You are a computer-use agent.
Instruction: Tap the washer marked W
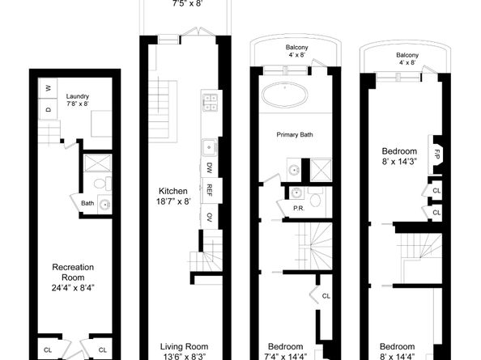coord(49,87)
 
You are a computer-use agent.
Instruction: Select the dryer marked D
coord(49,108)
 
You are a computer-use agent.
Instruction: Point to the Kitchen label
coord(173,192)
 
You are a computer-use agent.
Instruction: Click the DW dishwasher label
coord(209,168)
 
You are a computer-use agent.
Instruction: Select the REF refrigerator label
coord(209,191)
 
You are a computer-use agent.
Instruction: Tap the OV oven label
coord(209,217)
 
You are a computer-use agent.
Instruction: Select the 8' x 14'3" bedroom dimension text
coord(400,162)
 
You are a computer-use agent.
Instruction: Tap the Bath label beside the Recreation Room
coord(87,203)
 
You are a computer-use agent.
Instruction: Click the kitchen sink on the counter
coord(208,147)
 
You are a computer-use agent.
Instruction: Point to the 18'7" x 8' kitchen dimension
coord(173,202)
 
